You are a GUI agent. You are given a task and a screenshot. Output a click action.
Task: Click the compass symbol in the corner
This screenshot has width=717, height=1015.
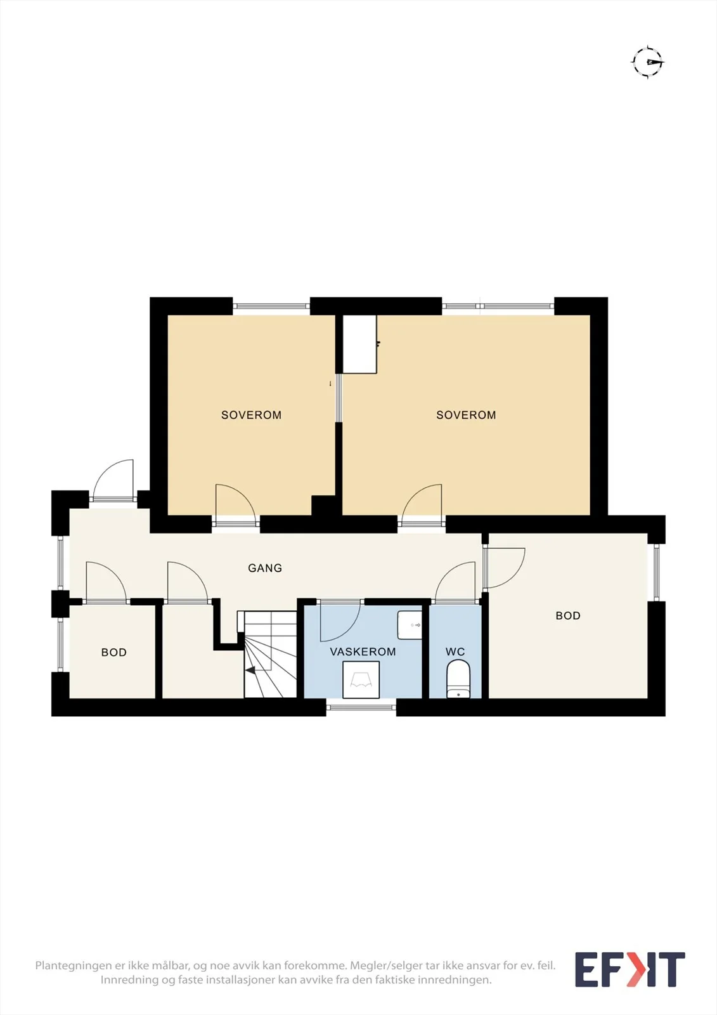coord(648,62)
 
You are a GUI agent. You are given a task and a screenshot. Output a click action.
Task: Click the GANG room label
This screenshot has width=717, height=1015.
coord(265,568)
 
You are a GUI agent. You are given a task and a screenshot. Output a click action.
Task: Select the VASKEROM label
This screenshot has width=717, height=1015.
coord(363,652)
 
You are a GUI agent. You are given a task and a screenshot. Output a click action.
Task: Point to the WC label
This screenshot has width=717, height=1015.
coord(455,652)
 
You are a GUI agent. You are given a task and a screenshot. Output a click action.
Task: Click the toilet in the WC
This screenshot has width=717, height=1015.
coord(458,679)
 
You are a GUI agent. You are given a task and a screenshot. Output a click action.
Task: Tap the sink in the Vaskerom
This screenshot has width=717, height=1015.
coord(410,625)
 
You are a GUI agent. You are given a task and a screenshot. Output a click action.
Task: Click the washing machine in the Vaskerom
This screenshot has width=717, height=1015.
coord(361,679)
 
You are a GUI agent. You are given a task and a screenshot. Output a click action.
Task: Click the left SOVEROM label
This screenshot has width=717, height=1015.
coord(252,415)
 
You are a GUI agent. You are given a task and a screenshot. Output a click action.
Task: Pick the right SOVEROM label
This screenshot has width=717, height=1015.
coord(466,415)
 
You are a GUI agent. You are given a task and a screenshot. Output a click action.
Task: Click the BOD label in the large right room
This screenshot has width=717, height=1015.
coord(568,615)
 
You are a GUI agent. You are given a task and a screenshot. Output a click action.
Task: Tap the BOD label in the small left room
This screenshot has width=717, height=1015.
coord(113,652)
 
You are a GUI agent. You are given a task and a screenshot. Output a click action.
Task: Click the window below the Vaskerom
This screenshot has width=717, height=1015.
coord(361,707)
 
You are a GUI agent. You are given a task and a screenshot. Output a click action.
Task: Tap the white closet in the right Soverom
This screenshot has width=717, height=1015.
coord(359,344)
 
